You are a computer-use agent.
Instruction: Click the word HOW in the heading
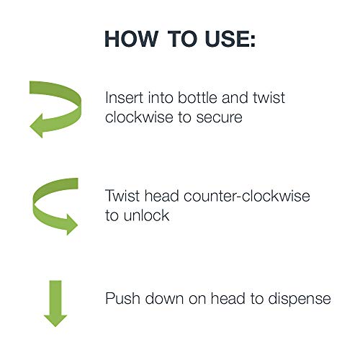131,39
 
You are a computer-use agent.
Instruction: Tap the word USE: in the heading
230,39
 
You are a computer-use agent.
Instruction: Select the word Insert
125,98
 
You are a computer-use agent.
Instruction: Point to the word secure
220,118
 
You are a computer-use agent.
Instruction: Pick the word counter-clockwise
247,196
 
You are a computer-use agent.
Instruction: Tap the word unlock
146,215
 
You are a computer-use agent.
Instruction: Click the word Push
122,299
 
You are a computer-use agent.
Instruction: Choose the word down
165,299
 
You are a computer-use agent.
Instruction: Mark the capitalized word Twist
122,196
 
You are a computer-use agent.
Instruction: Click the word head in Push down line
228,299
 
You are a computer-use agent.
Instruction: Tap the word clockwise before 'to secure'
139,117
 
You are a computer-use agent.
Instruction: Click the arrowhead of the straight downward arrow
55,321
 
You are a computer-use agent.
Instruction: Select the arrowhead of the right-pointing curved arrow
72,225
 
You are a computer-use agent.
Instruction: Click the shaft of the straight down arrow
55,298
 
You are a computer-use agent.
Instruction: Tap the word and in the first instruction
235,98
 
